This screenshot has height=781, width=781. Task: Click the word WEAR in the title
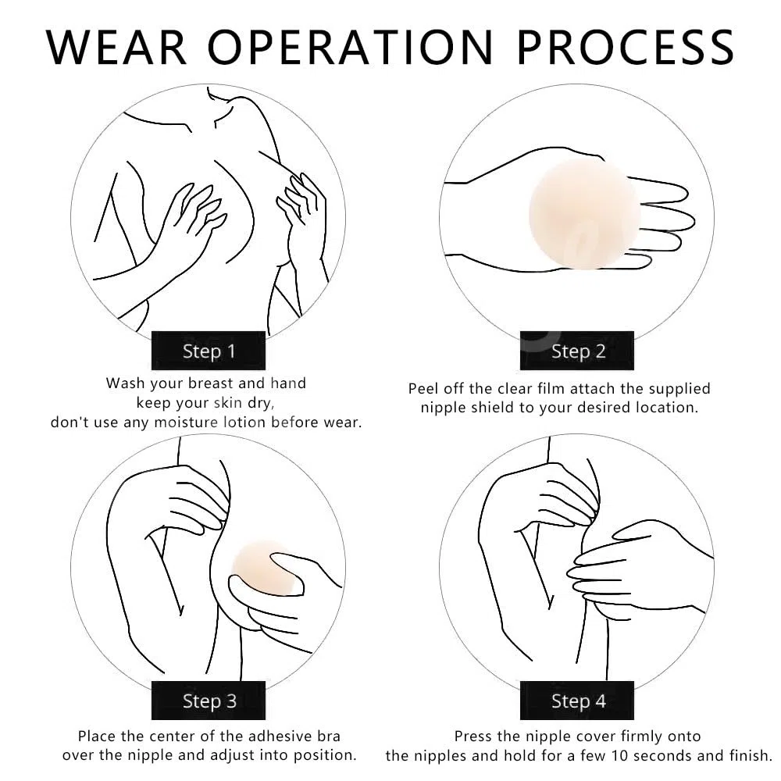(116, 47)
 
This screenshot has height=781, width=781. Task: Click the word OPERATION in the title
(350, 47)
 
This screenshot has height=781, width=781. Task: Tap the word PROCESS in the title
(626, 47)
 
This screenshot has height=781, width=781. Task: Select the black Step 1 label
(209, 351)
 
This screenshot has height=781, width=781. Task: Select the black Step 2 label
(577, 351)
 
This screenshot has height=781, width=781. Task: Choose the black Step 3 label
(209, 701)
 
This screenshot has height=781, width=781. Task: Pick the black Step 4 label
(577, 701)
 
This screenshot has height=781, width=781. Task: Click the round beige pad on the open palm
(583, 214)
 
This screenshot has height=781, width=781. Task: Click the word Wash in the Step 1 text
(126, 383)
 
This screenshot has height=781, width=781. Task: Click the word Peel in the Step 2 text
(423, 388)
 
